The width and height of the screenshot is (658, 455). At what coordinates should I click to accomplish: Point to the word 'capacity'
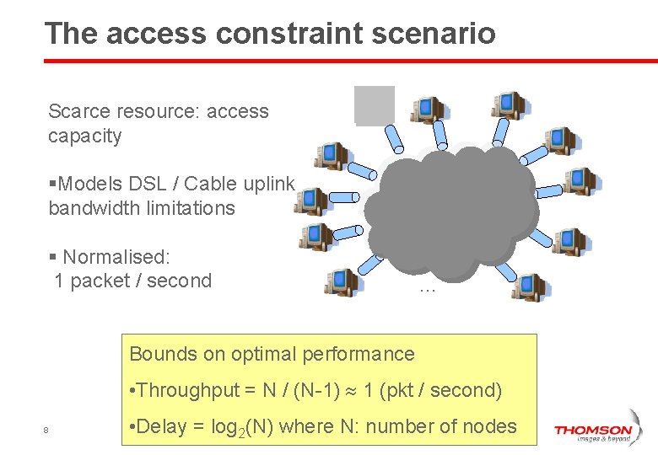pyautogui.click(x=85, y=136)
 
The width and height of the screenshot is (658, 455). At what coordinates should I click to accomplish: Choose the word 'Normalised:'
pyautogui.click(x=116, y=256)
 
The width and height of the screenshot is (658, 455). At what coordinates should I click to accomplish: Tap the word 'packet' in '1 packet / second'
pyautogui.click(x=99, y=281)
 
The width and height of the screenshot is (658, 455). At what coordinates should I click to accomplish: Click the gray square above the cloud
pyautogui.click(x=375, y=106)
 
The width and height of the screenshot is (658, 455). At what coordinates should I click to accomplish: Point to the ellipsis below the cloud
pyautogui.click(x=426, y=288)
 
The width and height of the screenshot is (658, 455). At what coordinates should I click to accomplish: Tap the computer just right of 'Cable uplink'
pyautogui.click(x=311, y=201)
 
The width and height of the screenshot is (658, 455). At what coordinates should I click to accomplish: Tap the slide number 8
pyautogui.click(x=46, y=431)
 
